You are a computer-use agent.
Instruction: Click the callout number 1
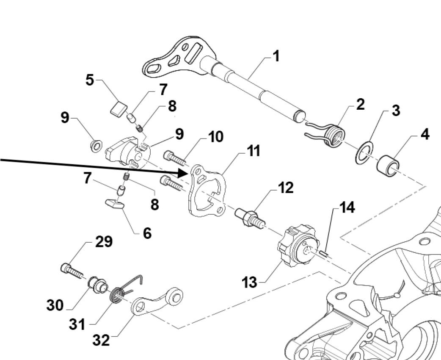point(276,56)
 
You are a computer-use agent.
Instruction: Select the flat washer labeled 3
point(364,153)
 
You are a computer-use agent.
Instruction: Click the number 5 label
point(89,80)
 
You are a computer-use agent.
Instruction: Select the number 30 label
point(55,305)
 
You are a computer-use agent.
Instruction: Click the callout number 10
point(215,137)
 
